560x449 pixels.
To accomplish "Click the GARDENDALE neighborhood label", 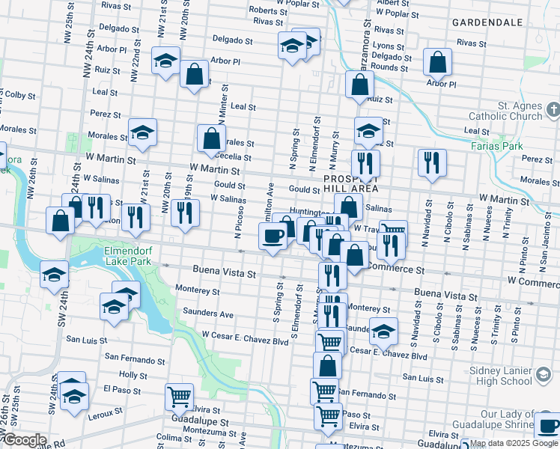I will (487, 22).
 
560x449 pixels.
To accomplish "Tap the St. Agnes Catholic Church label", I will (505, 111).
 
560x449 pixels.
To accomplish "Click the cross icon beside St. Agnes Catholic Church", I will (553, 112).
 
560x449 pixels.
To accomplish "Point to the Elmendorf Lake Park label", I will (117, 257).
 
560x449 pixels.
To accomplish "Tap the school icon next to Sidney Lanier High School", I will (544, 373).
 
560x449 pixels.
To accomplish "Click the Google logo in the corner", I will (24, 441).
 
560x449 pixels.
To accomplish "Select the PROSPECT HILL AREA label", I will (351, 186).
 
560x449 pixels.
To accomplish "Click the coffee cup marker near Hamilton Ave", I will (273, 236).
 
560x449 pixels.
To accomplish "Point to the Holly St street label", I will (133, 374).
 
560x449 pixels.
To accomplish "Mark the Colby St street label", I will (20, 95).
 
